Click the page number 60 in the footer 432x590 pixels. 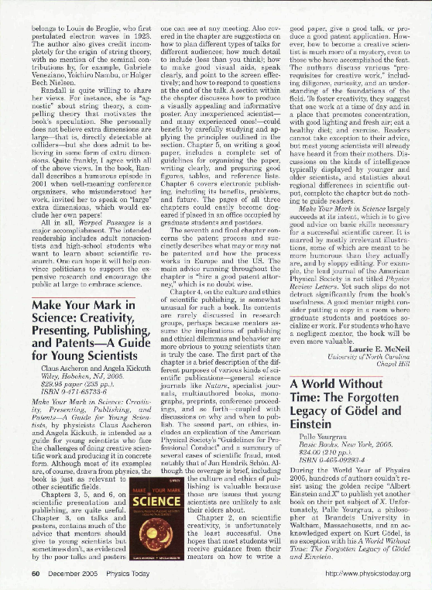point(35,572)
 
